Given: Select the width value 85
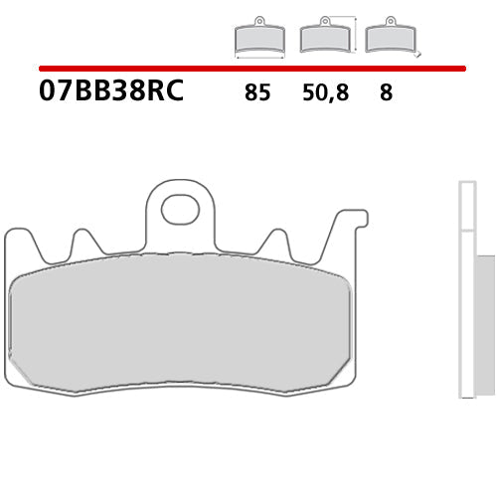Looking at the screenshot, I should [x=256, y=93].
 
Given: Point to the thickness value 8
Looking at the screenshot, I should [x=386, y=93].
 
